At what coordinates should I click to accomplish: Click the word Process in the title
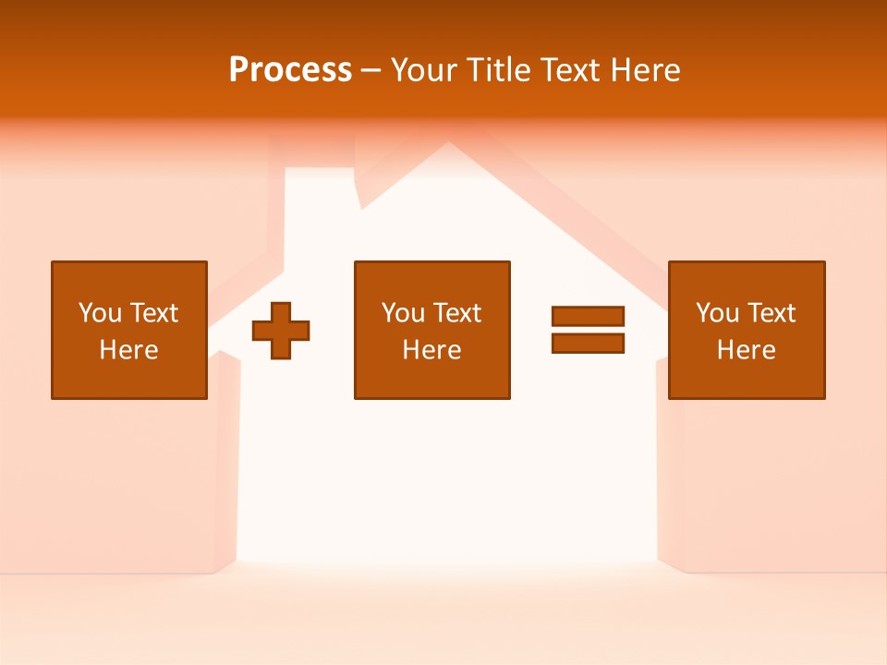tap(290, 70)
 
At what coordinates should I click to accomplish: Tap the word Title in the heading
tap(498, 70)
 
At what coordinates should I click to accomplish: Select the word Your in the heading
tap(426, 70)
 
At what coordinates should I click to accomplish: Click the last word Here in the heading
tap(646, 70)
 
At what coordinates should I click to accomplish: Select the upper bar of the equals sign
tap(588, 316)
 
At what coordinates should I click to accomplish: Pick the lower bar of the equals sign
tap(588, 344)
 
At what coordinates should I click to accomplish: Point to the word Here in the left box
tap(128, 350)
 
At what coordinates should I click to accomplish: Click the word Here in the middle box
tap(431, 350)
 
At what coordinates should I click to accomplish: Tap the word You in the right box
tap(717, 313)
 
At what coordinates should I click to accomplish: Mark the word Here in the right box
tap(747, 350)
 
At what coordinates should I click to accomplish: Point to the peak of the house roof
tap(448, 145)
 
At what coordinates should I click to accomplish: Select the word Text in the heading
tap(567, 70)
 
